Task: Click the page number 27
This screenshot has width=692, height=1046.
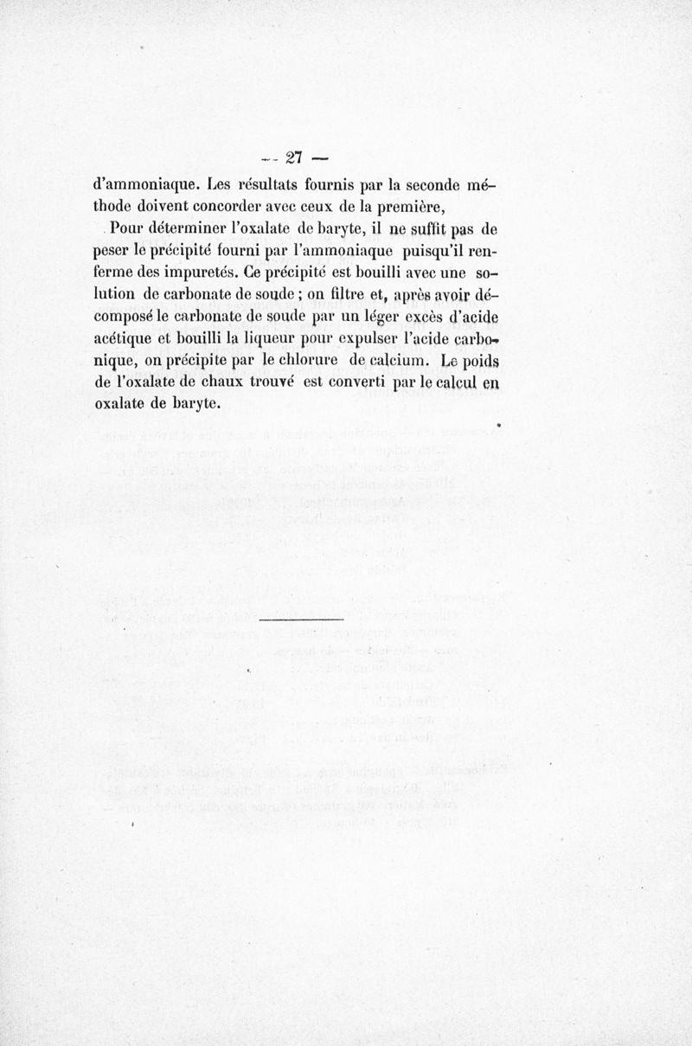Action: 293,157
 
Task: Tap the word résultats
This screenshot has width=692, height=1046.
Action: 270,185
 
